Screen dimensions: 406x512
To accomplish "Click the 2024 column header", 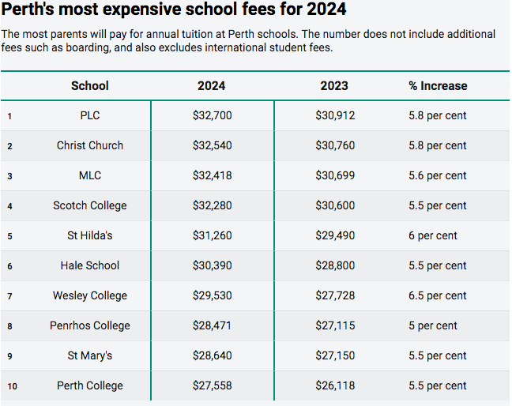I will pos(212,85).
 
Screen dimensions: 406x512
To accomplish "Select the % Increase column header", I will pos(438,85).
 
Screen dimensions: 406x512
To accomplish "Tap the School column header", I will pos(90,85).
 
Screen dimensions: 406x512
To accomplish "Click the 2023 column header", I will pos(334,85).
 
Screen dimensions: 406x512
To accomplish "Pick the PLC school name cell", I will pos(90,115).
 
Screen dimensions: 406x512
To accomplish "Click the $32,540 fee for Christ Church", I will pos(212,145).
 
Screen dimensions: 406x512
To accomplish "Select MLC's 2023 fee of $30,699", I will pos(334,175).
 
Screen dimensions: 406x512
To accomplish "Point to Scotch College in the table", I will pos(90,205).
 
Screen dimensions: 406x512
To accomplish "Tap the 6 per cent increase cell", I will pos(433,235).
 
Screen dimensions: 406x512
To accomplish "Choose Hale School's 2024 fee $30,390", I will pos(212,265).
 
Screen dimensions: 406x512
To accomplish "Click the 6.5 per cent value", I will pos(438,295).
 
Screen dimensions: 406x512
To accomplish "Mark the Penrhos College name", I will pos(90,325).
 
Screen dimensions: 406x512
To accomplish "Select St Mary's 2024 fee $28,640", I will pos(212,355).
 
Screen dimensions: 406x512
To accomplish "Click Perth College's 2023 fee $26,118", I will pos(334,385).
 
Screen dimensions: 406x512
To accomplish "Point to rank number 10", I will pos(11,385).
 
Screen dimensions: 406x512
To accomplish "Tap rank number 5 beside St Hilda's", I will pos(9,235).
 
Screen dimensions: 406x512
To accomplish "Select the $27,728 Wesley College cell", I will pos(334,295).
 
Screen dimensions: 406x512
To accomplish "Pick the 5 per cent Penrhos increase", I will pos(433,325).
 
